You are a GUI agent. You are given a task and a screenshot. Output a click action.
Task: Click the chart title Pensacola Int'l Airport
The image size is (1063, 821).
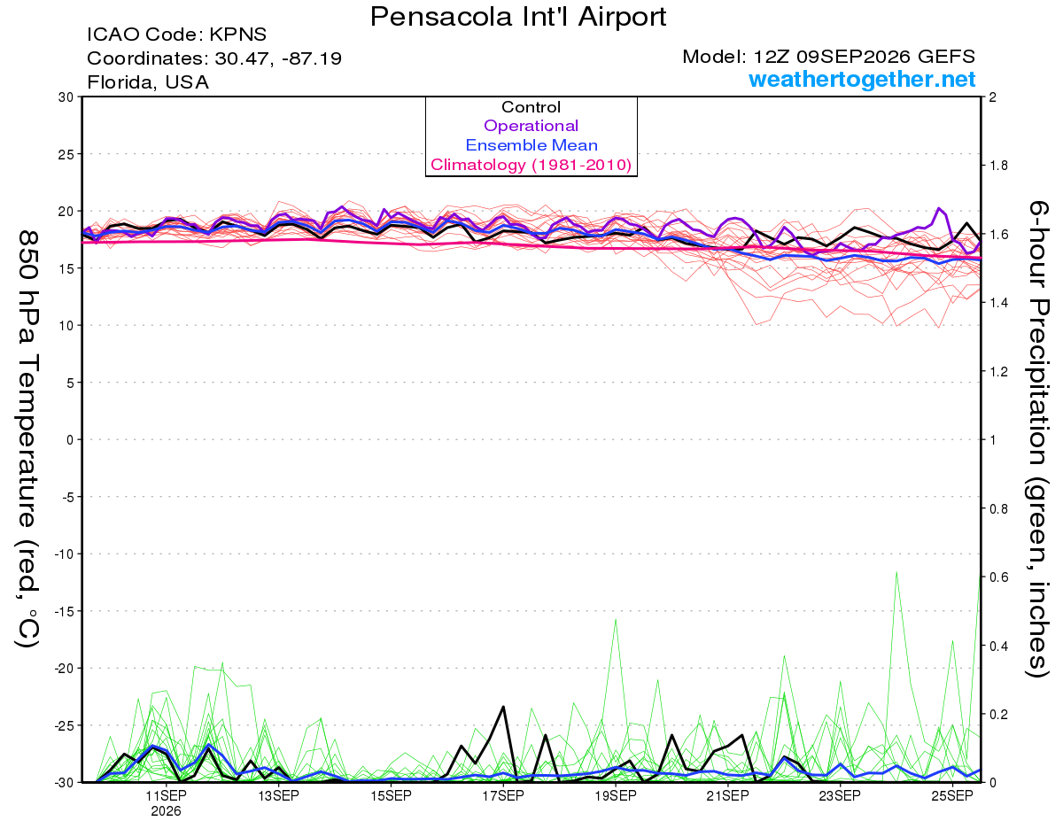517,17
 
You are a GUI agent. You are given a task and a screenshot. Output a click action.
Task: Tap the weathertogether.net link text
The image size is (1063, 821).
862,79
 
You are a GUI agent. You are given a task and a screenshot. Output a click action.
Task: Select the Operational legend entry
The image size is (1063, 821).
531,126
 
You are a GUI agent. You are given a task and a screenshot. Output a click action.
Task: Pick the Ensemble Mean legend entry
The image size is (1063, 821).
531,145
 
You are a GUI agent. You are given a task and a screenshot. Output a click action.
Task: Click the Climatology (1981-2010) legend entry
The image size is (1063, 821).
531,165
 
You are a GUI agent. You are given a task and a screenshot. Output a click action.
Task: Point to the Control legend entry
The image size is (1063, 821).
531,106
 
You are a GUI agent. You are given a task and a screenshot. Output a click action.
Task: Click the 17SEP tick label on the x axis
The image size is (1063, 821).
503,795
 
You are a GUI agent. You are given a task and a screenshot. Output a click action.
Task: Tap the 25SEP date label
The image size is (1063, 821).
952,795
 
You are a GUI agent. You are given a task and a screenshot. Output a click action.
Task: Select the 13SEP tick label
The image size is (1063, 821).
278,795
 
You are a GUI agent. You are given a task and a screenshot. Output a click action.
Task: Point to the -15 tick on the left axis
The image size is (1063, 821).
64,611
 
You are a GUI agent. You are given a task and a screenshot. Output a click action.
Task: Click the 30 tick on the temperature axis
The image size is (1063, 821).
66,97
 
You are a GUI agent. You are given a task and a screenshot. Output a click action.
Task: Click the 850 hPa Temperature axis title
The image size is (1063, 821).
27,439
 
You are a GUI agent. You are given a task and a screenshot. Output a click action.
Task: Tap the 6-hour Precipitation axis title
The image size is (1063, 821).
1037,438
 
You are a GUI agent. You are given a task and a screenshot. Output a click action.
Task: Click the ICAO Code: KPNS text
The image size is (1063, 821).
176,35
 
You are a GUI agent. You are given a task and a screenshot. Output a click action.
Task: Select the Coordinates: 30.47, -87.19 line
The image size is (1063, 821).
214,58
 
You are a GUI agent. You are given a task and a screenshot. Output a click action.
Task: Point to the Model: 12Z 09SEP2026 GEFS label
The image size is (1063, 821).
828,57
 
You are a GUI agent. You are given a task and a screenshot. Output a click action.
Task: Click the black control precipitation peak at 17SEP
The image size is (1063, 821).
503,707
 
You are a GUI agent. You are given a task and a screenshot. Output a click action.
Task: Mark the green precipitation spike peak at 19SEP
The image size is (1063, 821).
616,620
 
